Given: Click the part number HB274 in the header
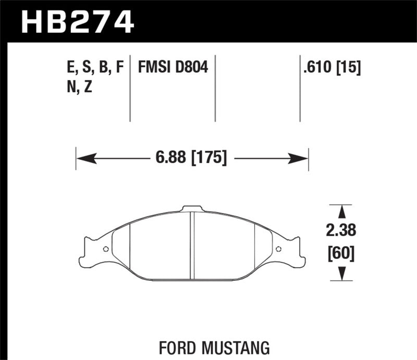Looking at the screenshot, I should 77,21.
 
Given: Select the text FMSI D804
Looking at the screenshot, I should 173,67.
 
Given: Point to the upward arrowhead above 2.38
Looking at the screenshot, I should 342,211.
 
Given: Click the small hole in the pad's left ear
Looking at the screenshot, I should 106,249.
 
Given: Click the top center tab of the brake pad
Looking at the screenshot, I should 192,209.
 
